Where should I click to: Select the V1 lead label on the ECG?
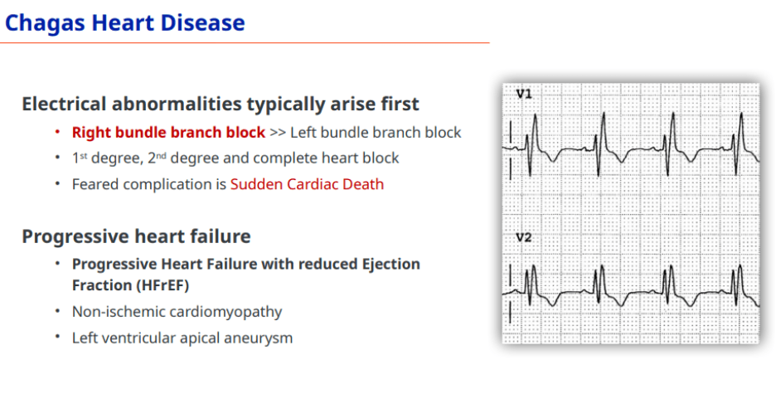tap(524, 94)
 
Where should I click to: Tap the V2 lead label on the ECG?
tap(524, 237)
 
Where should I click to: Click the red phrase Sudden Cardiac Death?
tap(307, 184)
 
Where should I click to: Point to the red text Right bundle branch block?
tap(169, 133)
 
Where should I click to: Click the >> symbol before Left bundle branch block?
tap(278, 133)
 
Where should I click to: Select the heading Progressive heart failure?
tap(136, 236)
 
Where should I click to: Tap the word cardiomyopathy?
tap(226, 312)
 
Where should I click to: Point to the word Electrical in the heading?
tap(64, 105)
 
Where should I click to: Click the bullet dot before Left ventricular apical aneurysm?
tap(58, 337)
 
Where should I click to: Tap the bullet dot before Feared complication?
tap(58, 183)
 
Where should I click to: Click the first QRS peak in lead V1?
tap(535, 115)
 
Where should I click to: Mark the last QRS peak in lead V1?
tap(741, 114)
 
